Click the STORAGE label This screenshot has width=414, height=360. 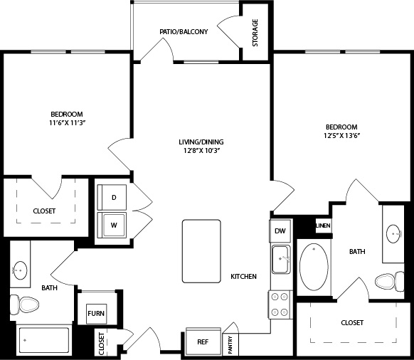click(255, 33)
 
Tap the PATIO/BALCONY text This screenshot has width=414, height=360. click(184, 32)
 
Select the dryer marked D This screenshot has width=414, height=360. click(112, 197)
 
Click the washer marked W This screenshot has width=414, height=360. click(112, 225)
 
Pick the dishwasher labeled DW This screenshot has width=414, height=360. click(280, 231)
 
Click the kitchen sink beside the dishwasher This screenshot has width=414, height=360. click(282, 260)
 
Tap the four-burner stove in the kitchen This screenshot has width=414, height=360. click(280, 305)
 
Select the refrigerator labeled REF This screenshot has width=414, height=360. click(203, 342)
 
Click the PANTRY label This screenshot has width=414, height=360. click(230, 344)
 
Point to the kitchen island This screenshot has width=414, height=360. click(201, 251)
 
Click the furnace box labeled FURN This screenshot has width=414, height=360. click(96, 314)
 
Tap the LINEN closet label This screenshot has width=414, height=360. click(323, 226)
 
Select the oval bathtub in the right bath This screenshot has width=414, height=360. click(314, 267)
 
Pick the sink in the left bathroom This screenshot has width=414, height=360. click(20, 270)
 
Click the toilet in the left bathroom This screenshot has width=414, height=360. click(24, 305)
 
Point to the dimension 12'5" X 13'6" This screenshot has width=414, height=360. click(342, 135)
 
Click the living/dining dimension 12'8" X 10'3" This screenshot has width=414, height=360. click(201, 151)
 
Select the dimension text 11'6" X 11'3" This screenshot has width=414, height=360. click(68, 123)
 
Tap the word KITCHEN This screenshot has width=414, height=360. click(243, 277)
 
